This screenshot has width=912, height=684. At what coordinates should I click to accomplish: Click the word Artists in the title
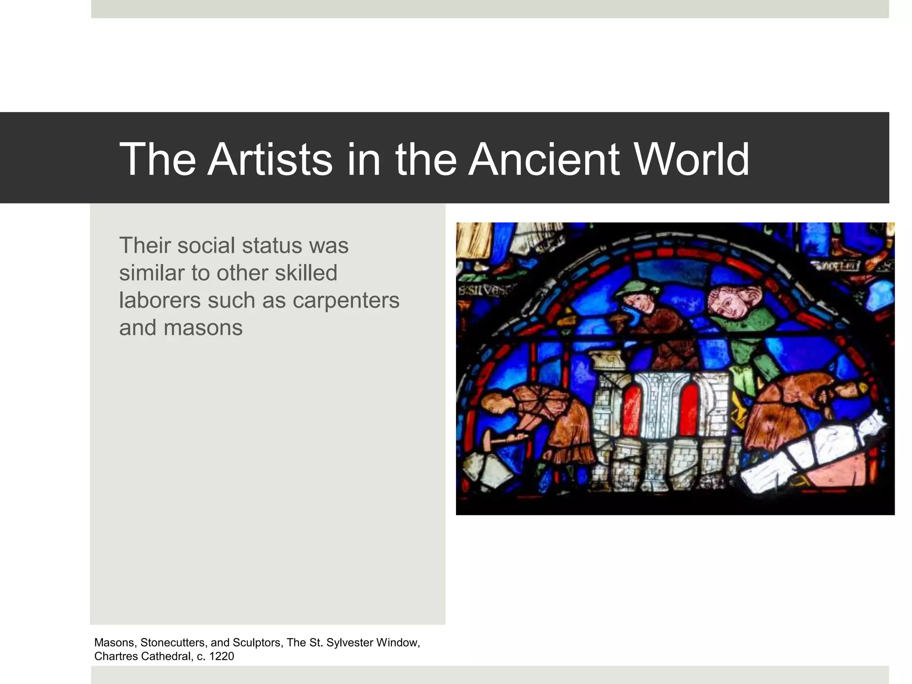270,159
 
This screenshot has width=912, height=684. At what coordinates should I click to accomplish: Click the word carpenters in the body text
346,300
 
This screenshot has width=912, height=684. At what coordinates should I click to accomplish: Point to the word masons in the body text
203,327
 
